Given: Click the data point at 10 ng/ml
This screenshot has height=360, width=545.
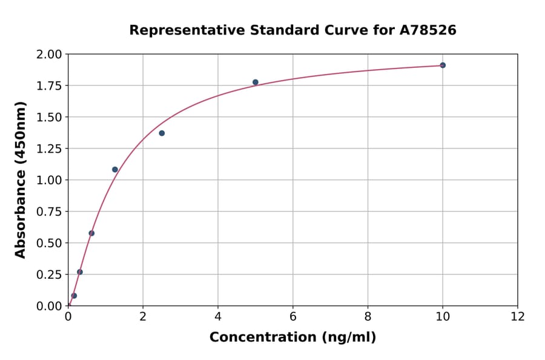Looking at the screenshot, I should click(x=443, y=65).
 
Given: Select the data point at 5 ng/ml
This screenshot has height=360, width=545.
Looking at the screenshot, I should click(x=256, y=82).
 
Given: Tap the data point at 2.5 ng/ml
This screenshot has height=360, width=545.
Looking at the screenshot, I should click(x=162, y=133).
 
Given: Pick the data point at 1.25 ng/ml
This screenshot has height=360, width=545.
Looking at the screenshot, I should click(x=115, y=170).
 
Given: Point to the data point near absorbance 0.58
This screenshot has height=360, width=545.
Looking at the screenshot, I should click(x=91, y=233).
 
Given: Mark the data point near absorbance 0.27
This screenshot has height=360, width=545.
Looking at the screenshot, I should click(x=80, y=272).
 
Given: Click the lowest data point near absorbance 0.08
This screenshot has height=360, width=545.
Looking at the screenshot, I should click(x=74, y=296).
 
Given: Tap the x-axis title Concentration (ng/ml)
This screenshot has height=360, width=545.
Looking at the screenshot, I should click(x=292, y=338).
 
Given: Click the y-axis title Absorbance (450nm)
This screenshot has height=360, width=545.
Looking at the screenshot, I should click(x=21, y=180).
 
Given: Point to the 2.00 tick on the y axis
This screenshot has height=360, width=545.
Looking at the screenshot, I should click(x=49, y=55).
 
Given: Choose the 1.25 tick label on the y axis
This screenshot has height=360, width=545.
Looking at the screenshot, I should click(x=49, y=149).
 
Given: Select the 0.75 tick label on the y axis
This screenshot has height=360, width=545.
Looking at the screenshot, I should click(x=49, y=212).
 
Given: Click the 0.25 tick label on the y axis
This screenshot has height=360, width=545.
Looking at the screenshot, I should click(x=49, y=275).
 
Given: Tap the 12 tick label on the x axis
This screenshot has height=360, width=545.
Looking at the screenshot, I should click(x=518, y=316).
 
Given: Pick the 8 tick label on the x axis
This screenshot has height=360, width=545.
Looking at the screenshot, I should click(x=368, y=316).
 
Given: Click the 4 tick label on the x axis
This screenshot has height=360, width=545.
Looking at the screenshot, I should click(x=218, y=316).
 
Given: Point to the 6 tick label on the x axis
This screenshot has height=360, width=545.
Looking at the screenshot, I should click(x=293, y=316).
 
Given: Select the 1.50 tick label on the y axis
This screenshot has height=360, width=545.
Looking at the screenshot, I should click(x=49, y=118).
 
